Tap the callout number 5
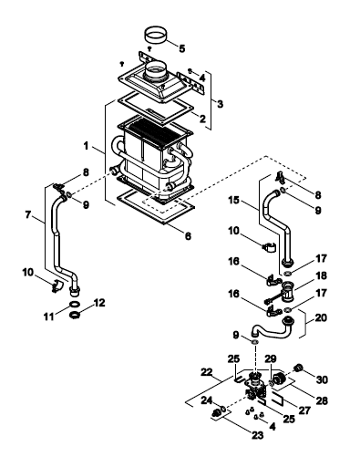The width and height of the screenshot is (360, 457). click(x=182, y=48)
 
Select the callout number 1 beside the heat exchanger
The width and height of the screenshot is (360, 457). click(x=87, y=146)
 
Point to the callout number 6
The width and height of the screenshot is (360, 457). click(x=188, y=235)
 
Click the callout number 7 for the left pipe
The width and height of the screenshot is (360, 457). click(x=28, y=215)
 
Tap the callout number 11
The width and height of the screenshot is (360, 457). click(x=48, y=317)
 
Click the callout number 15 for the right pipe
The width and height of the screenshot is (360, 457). click(x=234, y=201)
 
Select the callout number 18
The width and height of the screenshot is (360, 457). click(x=321, y=275)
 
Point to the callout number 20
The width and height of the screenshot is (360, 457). click(x=321, y=317)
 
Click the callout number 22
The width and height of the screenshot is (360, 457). click(x=207, y=372)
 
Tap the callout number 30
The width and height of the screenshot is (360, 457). click(x=322, y=379)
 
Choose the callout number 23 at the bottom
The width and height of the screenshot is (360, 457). click(x=258, y=435)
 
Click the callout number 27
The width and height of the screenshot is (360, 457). click(x=304, y=410)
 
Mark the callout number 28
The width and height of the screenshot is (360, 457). click(x=322, y=400)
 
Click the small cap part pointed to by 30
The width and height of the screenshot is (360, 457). click(x=298, y=368)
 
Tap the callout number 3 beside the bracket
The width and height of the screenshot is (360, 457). click(x=220, y=104)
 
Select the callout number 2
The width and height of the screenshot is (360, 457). click(x=202, y=119)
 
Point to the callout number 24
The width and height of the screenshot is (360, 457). click(x=207, y=400)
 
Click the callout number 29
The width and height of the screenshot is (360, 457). click(x=271, y=358)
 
